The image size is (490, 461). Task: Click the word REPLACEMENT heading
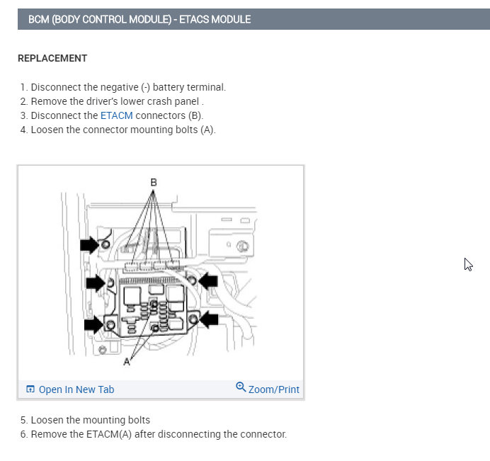click(52, 58)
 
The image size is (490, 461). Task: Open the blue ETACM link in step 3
click(116, 115)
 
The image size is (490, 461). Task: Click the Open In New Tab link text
click(76, 389)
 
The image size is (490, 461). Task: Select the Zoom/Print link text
click(273, 389)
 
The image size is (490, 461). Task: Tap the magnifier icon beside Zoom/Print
click(241, 387)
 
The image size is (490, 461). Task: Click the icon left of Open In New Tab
click(30, 389)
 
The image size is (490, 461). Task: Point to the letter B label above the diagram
click(153, 182)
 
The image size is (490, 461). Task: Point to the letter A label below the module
click(127, 362)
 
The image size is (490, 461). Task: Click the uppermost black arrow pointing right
click(89, 245)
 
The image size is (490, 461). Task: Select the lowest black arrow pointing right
click(93, 325)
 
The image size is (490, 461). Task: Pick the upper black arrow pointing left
click(207, 281)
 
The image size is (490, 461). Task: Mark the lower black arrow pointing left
click(209, 320)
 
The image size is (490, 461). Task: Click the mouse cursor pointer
click(468, 264)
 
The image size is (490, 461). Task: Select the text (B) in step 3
click(195, 115)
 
